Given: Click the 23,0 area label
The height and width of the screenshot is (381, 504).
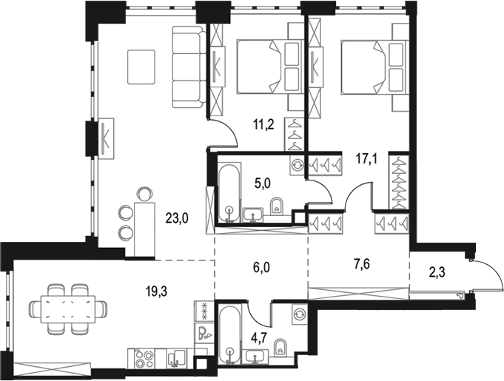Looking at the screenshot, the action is (177, 219).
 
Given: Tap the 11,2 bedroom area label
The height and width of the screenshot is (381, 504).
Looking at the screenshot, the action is (263, 124).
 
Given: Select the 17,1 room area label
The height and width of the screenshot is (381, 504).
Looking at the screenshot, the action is (367, 159).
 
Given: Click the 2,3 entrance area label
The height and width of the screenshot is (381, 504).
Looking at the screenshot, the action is (438, 274).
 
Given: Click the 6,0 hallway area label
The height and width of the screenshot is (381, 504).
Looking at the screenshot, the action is (261, 267).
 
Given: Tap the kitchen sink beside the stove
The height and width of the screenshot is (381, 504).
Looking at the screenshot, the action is (176, 359).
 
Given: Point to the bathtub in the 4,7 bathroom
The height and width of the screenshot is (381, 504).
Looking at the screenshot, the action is (229, 334).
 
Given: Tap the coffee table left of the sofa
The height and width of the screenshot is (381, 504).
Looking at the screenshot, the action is (142, 67).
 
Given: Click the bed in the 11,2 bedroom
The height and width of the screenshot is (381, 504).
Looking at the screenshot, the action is (270, 67).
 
